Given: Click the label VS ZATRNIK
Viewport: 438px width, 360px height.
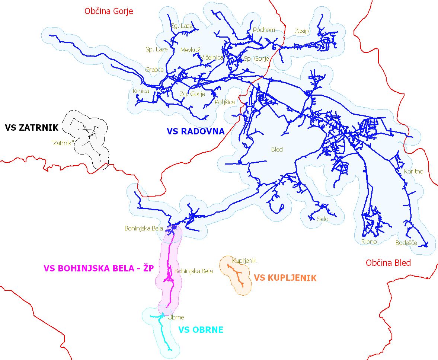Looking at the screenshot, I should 32,128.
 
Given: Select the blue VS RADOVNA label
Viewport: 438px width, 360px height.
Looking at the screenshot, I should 195,131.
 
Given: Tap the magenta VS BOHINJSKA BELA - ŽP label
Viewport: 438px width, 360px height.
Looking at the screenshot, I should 99,268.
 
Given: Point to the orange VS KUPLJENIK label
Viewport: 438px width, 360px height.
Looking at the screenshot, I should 285,278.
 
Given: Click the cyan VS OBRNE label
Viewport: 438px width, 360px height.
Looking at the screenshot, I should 201,329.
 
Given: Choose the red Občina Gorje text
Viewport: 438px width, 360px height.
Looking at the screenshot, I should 109,11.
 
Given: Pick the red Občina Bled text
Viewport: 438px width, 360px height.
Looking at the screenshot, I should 388,263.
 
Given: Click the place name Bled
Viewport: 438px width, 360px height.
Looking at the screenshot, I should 277,149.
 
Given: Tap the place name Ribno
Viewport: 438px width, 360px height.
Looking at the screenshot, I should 369,242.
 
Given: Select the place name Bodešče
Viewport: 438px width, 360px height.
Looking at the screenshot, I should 406,243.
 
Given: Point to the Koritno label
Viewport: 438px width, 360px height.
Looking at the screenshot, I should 413,172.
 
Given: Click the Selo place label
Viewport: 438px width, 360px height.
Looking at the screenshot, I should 323,219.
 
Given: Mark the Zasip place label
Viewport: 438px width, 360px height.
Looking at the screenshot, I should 301,31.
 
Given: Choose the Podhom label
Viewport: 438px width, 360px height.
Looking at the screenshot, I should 263,30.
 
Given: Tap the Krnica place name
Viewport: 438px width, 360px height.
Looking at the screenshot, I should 141,91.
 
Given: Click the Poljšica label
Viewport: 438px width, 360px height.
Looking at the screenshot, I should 225,102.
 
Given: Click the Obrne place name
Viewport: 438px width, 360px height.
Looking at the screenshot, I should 176,318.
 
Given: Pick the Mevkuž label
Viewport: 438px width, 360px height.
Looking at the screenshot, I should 190,50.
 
